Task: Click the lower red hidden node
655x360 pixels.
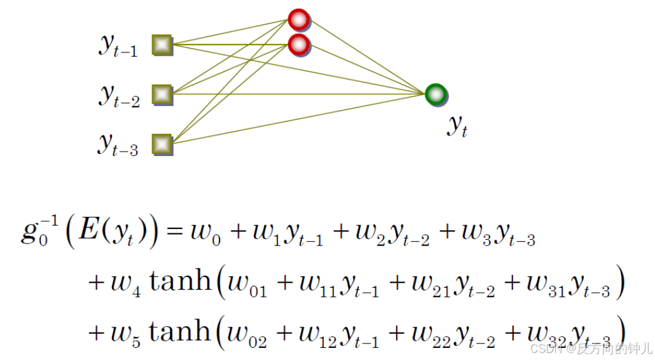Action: point(299,45)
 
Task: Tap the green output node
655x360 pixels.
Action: point(436,94)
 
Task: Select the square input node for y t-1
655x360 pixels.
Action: point(162,45)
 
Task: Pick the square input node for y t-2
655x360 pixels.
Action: point(162,95)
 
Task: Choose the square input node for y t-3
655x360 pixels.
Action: point(162,144)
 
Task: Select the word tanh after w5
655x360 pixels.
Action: point(179,331)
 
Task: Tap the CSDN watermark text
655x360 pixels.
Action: point(544,349)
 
